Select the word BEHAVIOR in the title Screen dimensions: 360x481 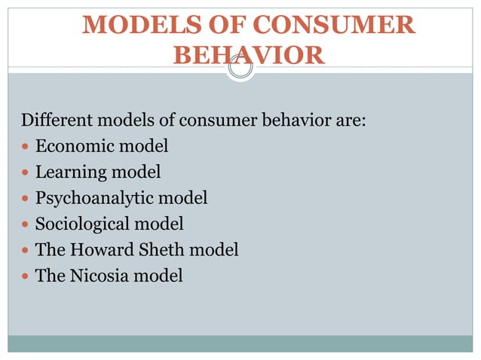(249, 55)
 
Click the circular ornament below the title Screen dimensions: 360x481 (240, 69)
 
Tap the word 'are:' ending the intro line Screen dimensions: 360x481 (350, 121)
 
